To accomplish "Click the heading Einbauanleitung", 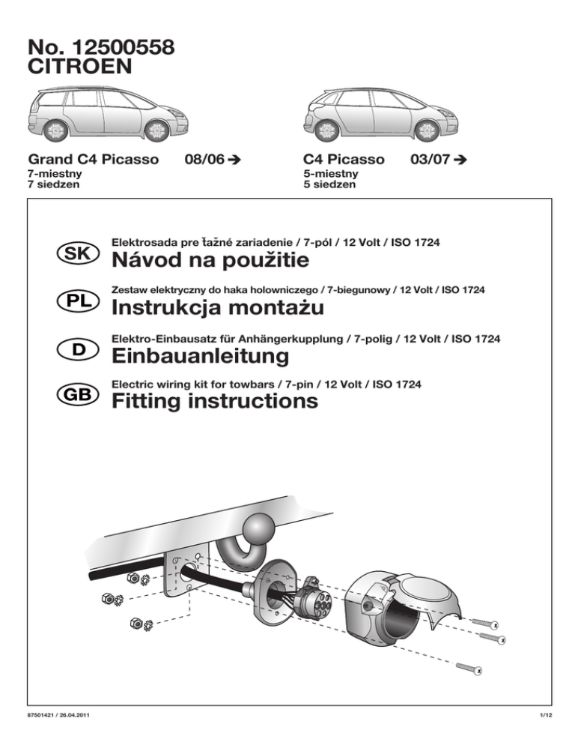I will [x=199, y=355].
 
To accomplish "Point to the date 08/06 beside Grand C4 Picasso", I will [x=204, y=160].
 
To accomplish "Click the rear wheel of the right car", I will [x=324, y=130].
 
